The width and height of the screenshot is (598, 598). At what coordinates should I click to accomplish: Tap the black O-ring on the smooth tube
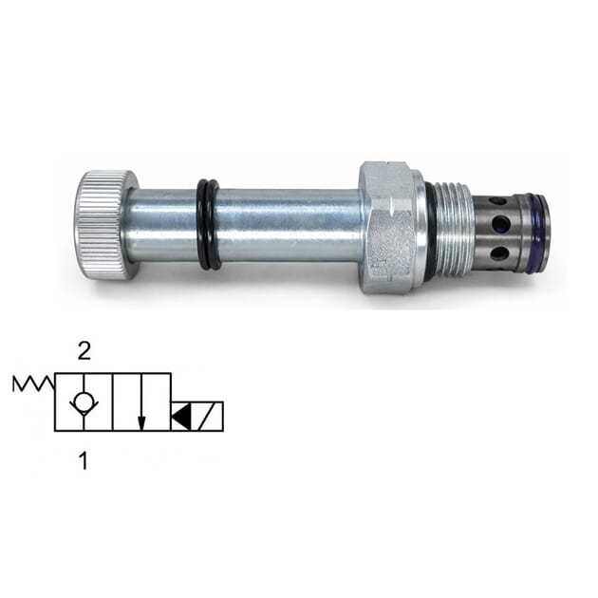point(209,225)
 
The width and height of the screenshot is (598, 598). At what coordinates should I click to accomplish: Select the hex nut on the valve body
point(388,226)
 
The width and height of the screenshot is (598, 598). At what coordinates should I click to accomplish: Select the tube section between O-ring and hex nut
point(290,226)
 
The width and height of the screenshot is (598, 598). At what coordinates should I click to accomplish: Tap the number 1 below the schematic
point(84,462)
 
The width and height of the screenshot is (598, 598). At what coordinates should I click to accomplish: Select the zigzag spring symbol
point(33,383)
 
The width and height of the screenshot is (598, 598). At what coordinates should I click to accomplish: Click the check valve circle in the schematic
point(84,402)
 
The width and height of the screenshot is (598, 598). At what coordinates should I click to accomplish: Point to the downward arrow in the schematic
point(141,402)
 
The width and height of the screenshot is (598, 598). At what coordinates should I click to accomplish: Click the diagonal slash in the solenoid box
point(210,416)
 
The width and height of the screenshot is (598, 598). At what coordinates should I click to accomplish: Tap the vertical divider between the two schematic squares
point(113,402)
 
